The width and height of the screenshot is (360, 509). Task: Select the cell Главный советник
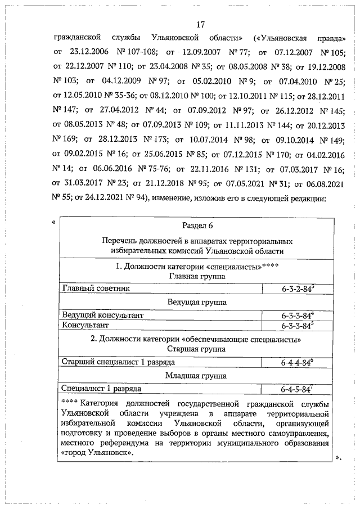point(96,288)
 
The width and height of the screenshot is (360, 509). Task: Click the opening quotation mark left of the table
point(53,222)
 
